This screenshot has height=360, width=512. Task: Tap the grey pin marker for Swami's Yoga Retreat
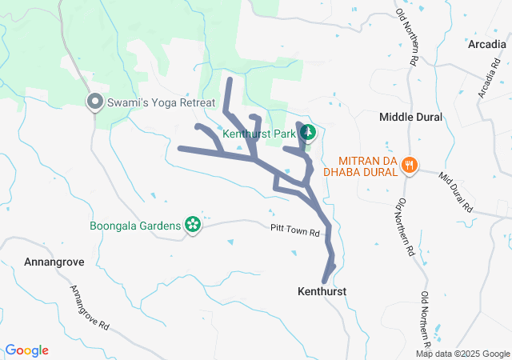94,102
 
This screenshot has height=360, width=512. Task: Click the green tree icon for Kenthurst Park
310,133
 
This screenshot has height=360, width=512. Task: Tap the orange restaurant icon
410,165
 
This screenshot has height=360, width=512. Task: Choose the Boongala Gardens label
135,226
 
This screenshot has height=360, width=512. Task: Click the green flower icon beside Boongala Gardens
192,226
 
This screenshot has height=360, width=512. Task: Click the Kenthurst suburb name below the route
322,292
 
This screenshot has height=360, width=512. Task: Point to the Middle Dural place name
410,117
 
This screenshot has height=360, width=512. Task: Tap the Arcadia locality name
488,44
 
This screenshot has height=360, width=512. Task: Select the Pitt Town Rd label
294,233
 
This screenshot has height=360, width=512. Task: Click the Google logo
27,350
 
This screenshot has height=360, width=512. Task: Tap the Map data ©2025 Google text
462,354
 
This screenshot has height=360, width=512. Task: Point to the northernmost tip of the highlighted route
229,79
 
